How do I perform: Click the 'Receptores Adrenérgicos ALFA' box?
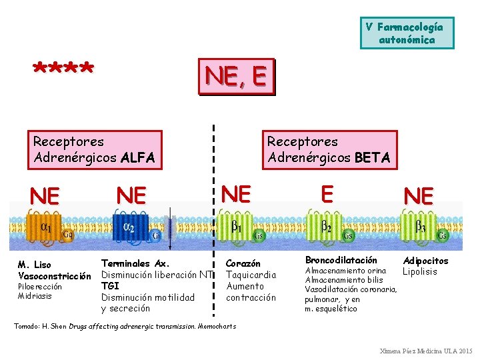click(94, 149)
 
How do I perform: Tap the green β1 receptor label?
click(237, 227)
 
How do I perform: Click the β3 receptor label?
click(421, 225)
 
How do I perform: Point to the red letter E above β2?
click(327, 193)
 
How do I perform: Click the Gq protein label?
click(67, 234)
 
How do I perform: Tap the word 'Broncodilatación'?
click(341, 260)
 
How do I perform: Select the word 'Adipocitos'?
click(425, 261)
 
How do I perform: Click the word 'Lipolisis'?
click(419, 271)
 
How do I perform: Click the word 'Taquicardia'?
click(251, 275)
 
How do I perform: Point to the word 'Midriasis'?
click(35, 296)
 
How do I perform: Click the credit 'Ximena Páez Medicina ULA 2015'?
click(425, 351)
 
